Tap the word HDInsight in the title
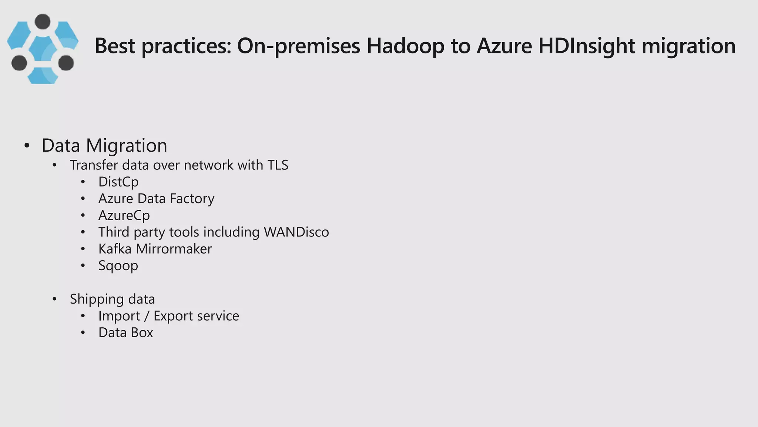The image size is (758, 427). coord(587,46)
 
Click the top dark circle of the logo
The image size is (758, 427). coord(43,21)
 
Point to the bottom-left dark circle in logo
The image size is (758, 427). coord(19,63)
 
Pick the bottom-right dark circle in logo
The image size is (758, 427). coord(66,63)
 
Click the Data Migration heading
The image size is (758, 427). coord(104,145)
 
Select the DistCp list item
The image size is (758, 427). coord(118,182)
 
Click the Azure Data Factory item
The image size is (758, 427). coord(156,199)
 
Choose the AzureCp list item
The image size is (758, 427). coord(124,215)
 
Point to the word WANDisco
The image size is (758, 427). coord(296,232)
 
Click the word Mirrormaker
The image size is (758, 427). coord(174,249)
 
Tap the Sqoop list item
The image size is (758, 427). coord(118,266)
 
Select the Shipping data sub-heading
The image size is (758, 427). coord(112,299)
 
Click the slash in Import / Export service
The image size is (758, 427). coord(147,316)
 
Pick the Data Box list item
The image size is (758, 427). coord(125,333)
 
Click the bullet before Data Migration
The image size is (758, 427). coord(27,146)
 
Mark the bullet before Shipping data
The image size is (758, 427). coord(55,299)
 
